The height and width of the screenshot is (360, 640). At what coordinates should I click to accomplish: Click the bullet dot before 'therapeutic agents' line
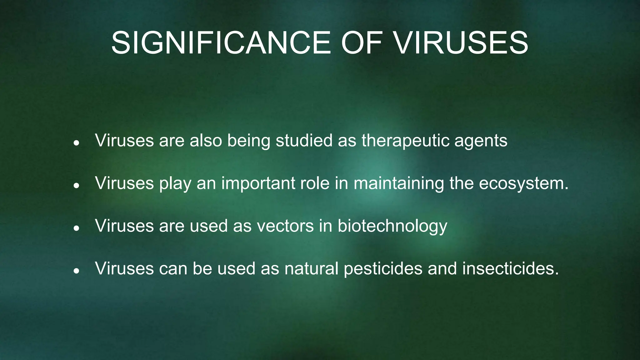[x=76, y=143]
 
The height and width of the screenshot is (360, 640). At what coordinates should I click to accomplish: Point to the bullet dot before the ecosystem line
[x=76, y=186]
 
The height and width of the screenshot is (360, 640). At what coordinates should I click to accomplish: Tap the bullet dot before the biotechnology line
[x=76, y=228]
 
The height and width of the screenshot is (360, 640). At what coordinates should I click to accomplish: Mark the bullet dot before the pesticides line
[x=76, y=271]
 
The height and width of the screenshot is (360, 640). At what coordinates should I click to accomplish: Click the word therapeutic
[x=405, y=141]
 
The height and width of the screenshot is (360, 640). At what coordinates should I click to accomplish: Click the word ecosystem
[x=523, y=183]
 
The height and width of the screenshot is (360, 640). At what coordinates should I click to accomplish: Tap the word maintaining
[x=398, y=183]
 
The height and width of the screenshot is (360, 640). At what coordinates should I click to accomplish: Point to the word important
[x=258, y=183]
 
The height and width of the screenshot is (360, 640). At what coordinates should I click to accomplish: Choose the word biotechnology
[x=392, y=226]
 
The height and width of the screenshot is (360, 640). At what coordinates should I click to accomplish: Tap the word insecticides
[x=510, y=268]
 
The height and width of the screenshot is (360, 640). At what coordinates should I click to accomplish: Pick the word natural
[x=311, y=268]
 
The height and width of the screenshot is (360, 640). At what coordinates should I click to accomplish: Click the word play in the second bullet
[x=175, y=183]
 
